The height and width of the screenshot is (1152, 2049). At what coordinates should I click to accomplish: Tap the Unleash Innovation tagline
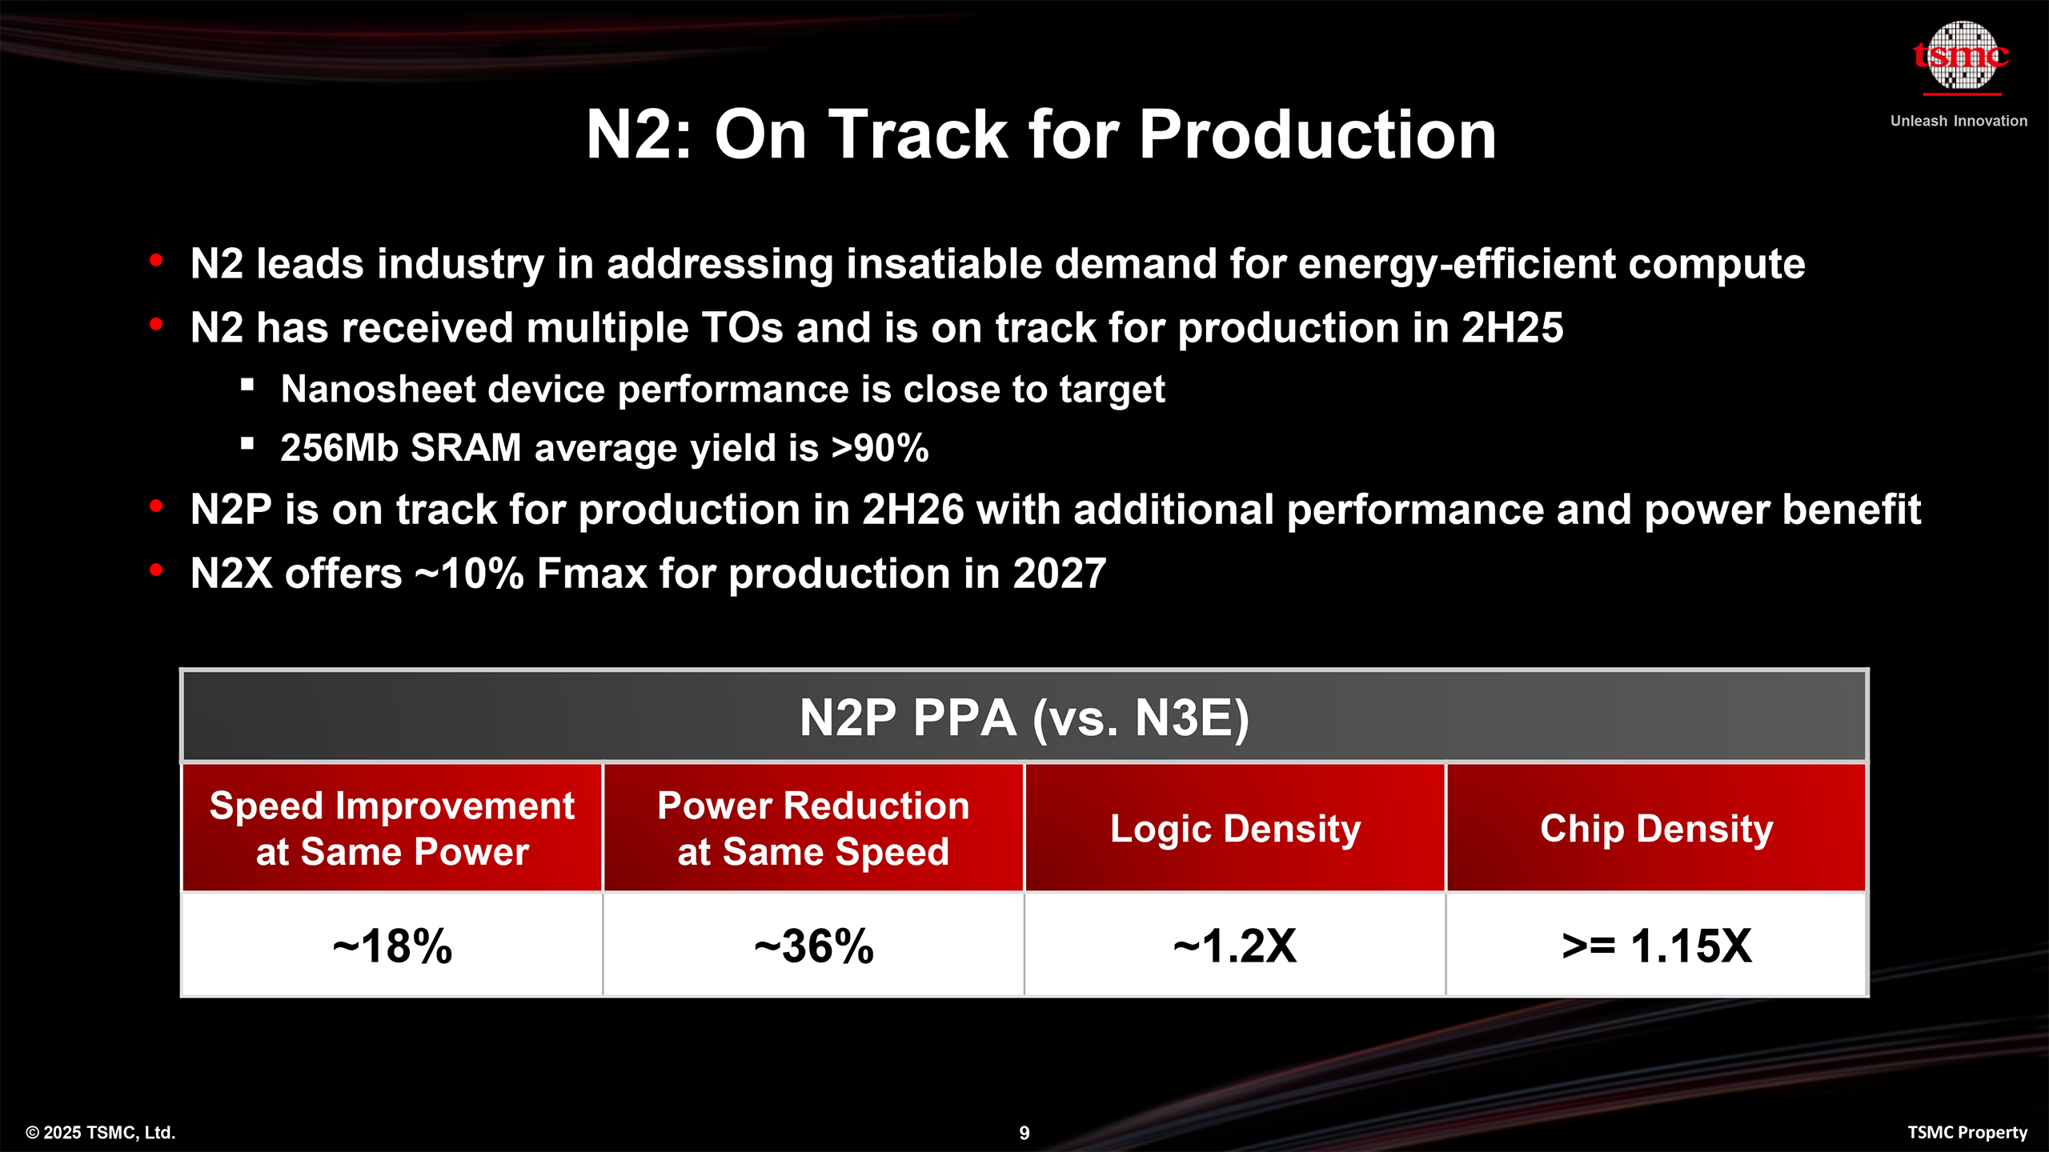pos(1959,121)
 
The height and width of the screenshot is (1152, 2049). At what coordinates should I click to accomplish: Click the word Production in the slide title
pos(1317,134)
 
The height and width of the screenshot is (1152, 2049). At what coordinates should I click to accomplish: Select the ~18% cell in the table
pos(392,946)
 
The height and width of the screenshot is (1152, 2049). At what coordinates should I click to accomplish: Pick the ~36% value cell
pos(813,946)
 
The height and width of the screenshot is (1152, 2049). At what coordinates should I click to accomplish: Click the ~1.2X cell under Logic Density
pos(1235,946)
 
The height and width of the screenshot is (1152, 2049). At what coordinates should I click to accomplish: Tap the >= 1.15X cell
pos(1657,946)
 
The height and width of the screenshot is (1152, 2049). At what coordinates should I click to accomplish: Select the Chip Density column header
pos(1657,828)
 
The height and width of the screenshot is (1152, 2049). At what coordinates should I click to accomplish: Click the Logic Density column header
pos(1235,828)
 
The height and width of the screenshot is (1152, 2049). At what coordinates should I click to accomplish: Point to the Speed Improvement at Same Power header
pos(392,828)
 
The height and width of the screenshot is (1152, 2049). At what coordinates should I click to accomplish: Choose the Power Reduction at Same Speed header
pos(813,828)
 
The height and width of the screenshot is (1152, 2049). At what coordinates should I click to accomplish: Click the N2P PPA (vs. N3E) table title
pos(1024,717)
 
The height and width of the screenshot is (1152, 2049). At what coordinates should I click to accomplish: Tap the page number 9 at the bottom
pos(1024,1133)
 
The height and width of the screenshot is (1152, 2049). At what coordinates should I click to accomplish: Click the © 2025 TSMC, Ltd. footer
pos(101,1133)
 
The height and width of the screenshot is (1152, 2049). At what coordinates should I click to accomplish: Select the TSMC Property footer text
pos(1967,1133)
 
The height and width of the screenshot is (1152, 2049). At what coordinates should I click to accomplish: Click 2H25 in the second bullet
pos(1512,328)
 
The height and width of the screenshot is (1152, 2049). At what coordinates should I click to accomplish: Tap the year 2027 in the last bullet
pos(1059,574)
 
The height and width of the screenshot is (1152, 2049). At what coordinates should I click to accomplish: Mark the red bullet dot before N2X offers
pos(156,570)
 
